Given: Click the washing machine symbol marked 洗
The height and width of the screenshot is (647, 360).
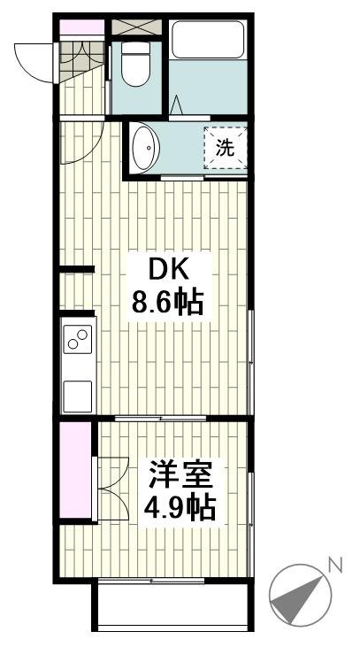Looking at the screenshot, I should pyautogui.click(x=225, y=147).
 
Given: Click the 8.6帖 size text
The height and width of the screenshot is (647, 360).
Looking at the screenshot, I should pyautogui.click(x=167, y=304).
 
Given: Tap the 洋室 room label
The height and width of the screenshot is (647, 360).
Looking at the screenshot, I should pyautogui.click(x=180, y=475).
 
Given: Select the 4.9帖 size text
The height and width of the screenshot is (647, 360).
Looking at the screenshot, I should pyautogui.click(x=180, y=508).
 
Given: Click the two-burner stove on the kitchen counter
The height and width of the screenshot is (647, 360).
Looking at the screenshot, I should pyautogui.click(x=77, y=340).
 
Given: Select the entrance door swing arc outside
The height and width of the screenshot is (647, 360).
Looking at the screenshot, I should pyautogui.click(x=34, y=59).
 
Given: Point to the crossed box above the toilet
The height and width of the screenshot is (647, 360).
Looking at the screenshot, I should pyautogui.click(x=135, y=25).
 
